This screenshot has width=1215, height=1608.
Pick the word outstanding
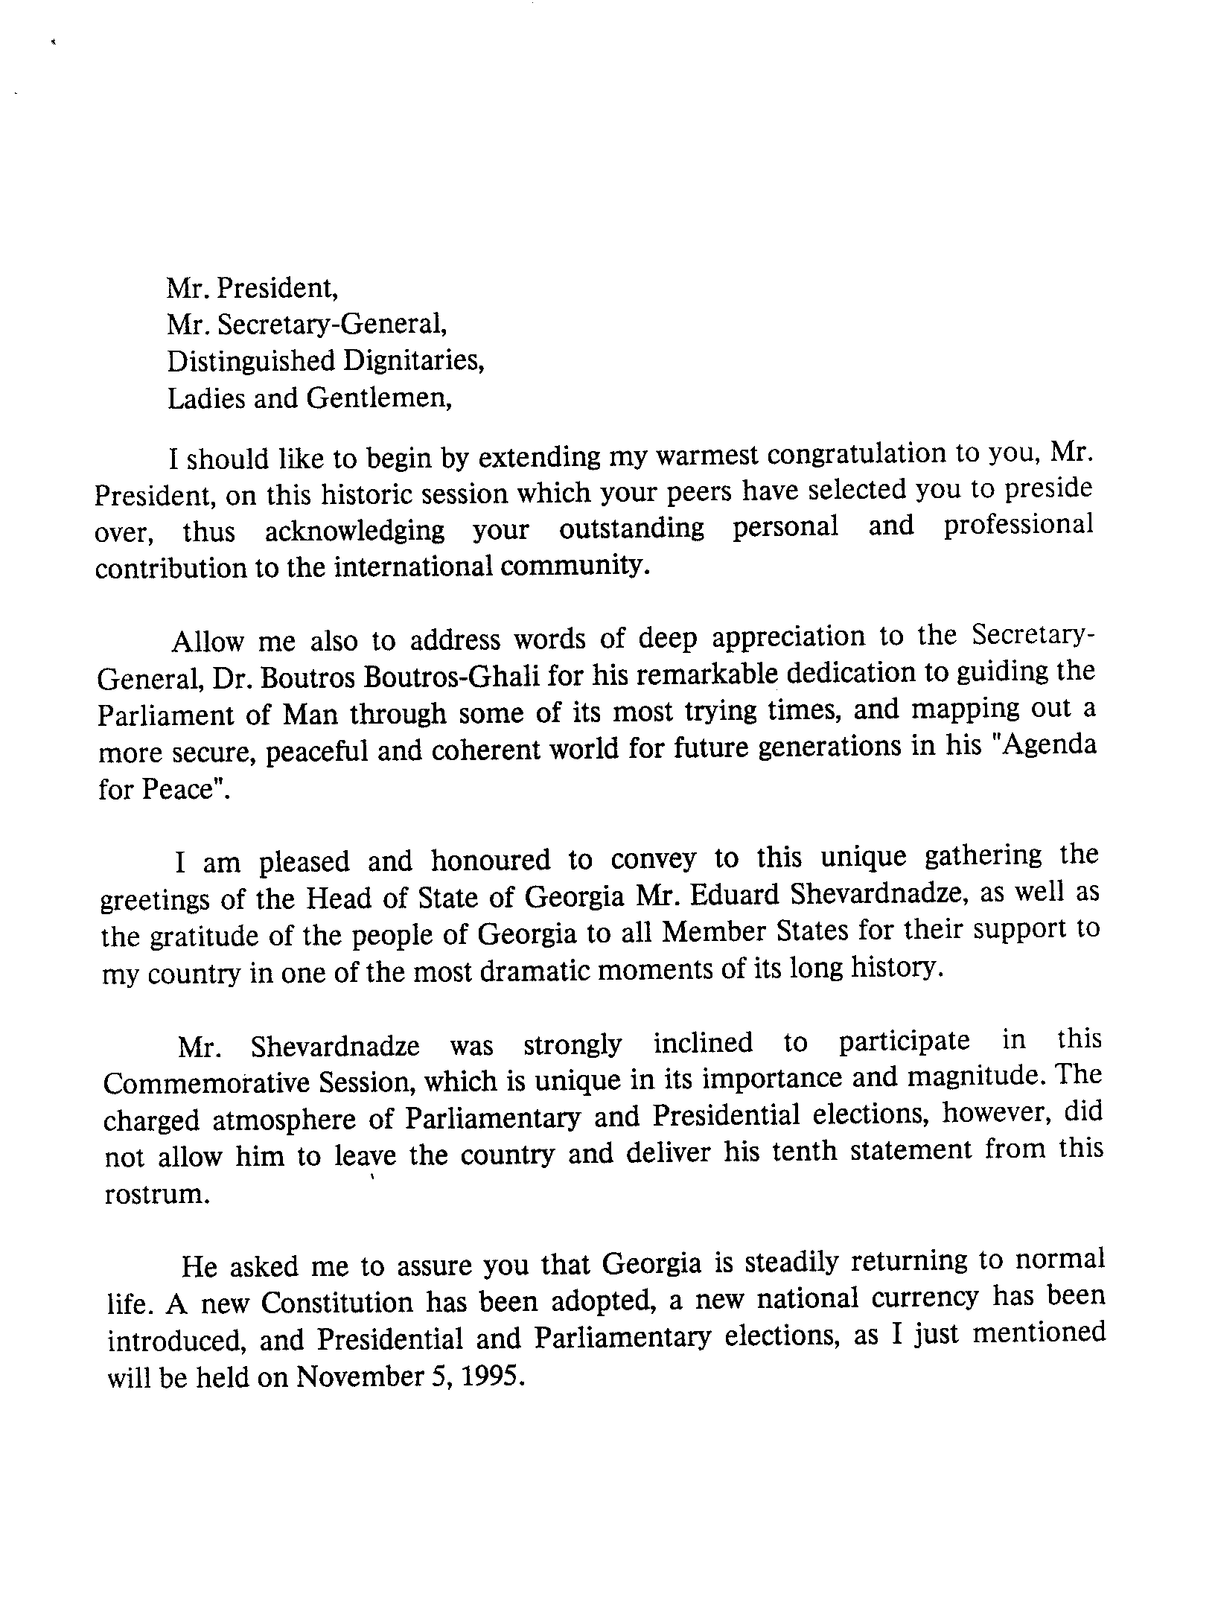[631, 529]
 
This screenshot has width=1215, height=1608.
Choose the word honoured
[491, 861]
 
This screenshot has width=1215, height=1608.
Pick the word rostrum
[153, 1194]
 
